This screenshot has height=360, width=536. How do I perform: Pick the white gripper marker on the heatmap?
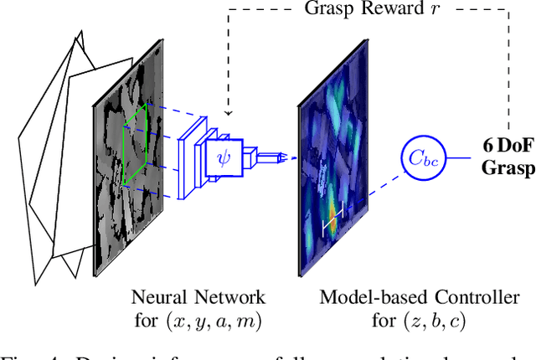point(333,219)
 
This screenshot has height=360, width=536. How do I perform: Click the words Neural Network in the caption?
point(198,296)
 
